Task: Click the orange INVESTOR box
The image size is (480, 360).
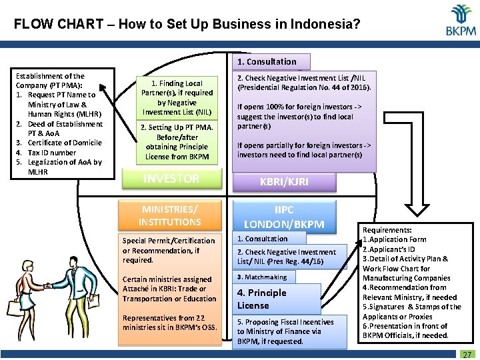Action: click(x=171, y=178)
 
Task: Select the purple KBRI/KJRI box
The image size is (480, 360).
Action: click(x=283, y=181)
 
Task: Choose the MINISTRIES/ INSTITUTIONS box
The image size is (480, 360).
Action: click(x=170, y=215)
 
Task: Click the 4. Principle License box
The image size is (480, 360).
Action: click(x=277, y=299)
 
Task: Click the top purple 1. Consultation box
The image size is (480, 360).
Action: click(x=271, y=62)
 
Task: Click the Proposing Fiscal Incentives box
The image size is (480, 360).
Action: click(x=291, y=331)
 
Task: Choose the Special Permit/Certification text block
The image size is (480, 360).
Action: click(x=169, y=250)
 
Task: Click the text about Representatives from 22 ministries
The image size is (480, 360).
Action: click(x=169, y=323)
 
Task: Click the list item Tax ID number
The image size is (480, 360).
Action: click(x=53, y=153)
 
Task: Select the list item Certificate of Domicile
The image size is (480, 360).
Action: click(x=64, y=143)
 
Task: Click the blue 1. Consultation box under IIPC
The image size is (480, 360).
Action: click(x=269, y=238)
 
